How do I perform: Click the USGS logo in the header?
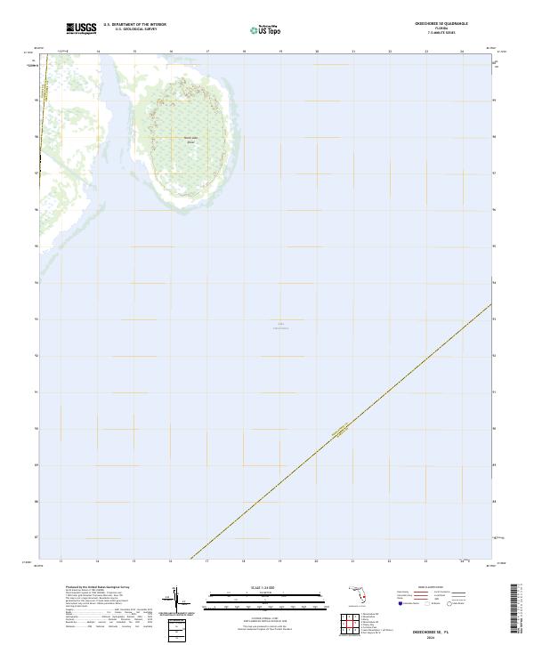[x=82, y=28]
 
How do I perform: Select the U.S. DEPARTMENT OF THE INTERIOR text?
[x=134, y=25]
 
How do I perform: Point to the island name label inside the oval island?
[x=190, y=139]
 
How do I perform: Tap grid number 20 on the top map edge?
[x=317, y=52]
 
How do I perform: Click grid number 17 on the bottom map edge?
[x=206, y=561]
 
